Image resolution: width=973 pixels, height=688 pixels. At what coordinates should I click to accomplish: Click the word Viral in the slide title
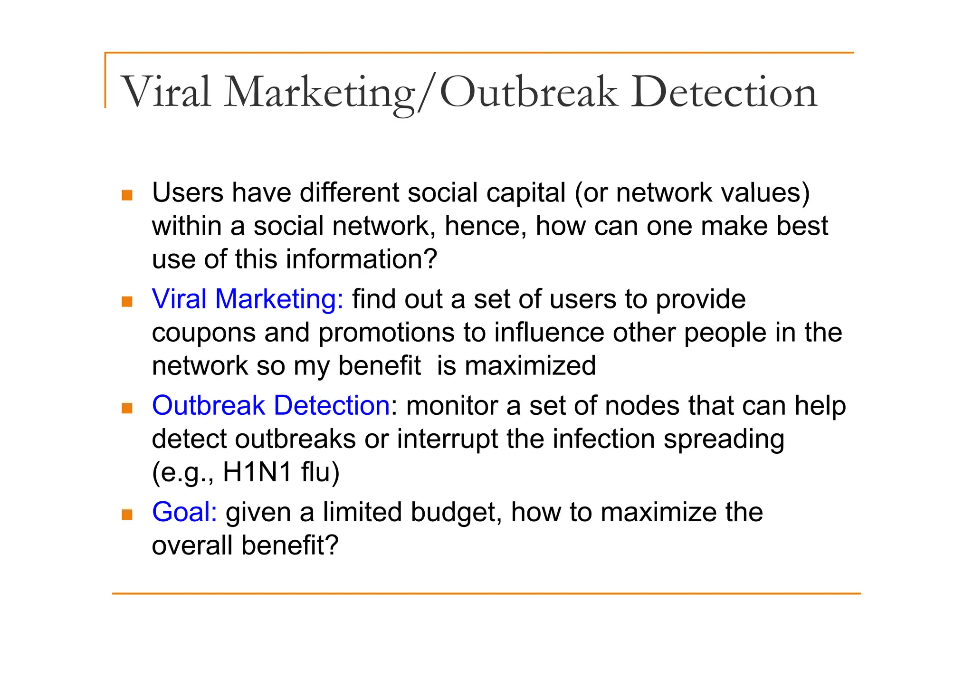click(x=166, y=92)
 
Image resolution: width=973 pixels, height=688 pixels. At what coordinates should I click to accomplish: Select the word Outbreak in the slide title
click(x=529, y=92)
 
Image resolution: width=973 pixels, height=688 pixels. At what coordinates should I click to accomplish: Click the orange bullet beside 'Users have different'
click(x=127, y=195)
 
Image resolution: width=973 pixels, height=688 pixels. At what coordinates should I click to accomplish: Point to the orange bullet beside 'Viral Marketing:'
click(x=127, y=301)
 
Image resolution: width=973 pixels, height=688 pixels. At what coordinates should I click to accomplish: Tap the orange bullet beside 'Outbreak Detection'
click(x=127, y=408)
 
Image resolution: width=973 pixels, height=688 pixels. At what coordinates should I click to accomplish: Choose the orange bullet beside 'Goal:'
click(x=127, y=514)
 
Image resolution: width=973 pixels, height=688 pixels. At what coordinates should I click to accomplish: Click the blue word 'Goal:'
click(x=184, y=512)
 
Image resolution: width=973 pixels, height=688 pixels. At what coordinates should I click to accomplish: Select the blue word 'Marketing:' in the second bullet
click(x=279, y=299)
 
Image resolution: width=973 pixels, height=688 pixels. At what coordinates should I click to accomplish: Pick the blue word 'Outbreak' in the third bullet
click(x=208, y=406)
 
